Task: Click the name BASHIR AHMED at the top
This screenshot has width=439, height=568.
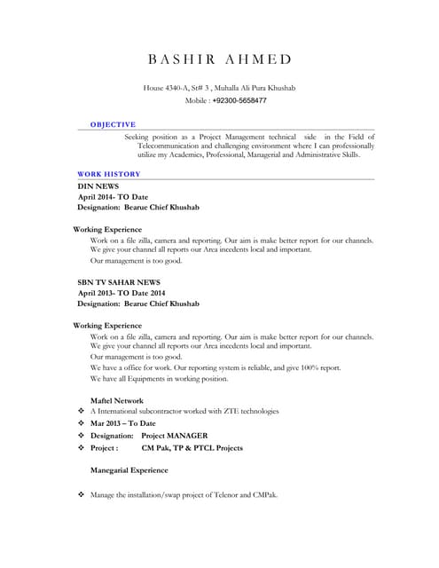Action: pyautogui.click(x=219, y=59)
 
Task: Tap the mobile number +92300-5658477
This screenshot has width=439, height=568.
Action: pyautogui.click(x=239, y=101)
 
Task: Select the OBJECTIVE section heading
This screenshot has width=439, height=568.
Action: pyautogui.click(x=114, y=125)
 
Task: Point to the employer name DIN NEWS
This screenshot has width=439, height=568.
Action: pyautogui.click(x=98, y=186)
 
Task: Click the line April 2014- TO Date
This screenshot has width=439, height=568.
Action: pyautogui.click(x=113, y=197)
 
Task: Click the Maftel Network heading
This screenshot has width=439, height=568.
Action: pyautogui.click(x=117, y=400)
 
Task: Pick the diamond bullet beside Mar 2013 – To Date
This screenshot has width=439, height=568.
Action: pyautogui.click(x=81, y=424)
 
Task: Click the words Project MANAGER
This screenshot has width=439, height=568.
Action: pyautogui.click(x=175, y=436)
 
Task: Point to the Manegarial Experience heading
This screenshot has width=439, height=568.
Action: pyautogui.click(x=129, y=470)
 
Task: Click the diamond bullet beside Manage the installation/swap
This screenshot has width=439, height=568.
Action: pyautogui.click(x=81, y=494)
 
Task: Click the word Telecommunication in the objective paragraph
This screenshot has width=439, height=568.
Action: pyautogui.click(x=177, y=146)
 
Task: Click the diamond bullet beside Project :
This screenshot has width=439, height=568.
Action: pyautogui.click(x=81, y=448)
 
